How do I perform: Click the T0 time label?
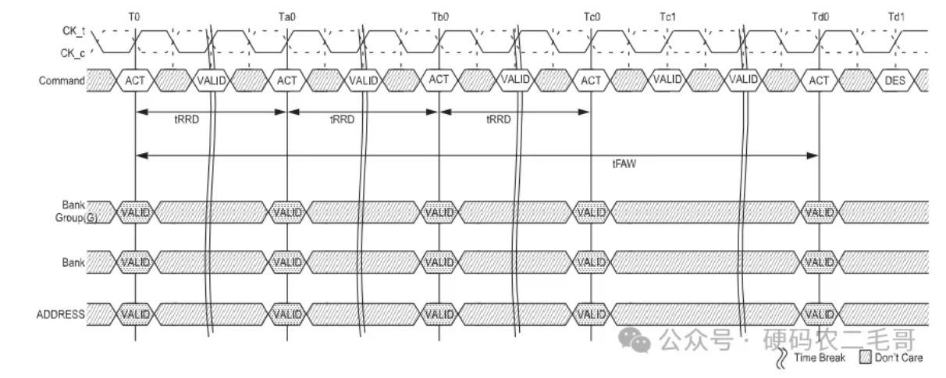(x=134, y=17)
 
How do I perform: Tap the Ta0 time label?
(x=286, y=17)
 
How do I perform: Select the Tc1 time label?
(x=667, y=17)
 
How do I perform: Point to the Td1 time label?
(x=896, y=17)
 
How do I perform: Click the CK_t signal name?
(x=73, y=30)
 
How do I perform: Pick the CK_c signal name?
(x=73, y=53)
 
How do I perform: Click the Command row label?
(x=62, y=80)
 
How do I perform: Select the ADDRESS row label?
(x=60, y=314)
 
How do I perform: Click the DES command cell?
(x=895, y=80)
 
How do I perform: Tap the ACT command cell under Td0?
(x=819, y=80)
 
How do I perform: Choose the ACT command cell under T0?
(x=135, y=80)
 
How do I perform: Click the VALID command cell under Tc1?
(x=667, y=80)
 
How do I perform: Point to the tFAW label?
(x=624, y=164)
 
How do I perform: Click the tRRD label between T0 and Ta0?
(x=187, y=119)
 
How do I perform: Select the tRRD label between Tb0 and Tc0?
(x=498, y=119)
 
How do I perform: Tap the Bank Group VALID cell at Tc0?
(x=592, y=212)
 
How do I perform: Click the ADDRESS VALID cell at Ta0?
(x=287, y=314)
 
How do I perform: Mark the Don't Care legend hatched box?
(x=866, y=358)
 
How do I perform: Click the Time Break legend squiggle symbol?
(x=782, y=358)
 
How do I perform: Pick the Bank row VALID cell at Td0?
(x=820, y=262)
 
